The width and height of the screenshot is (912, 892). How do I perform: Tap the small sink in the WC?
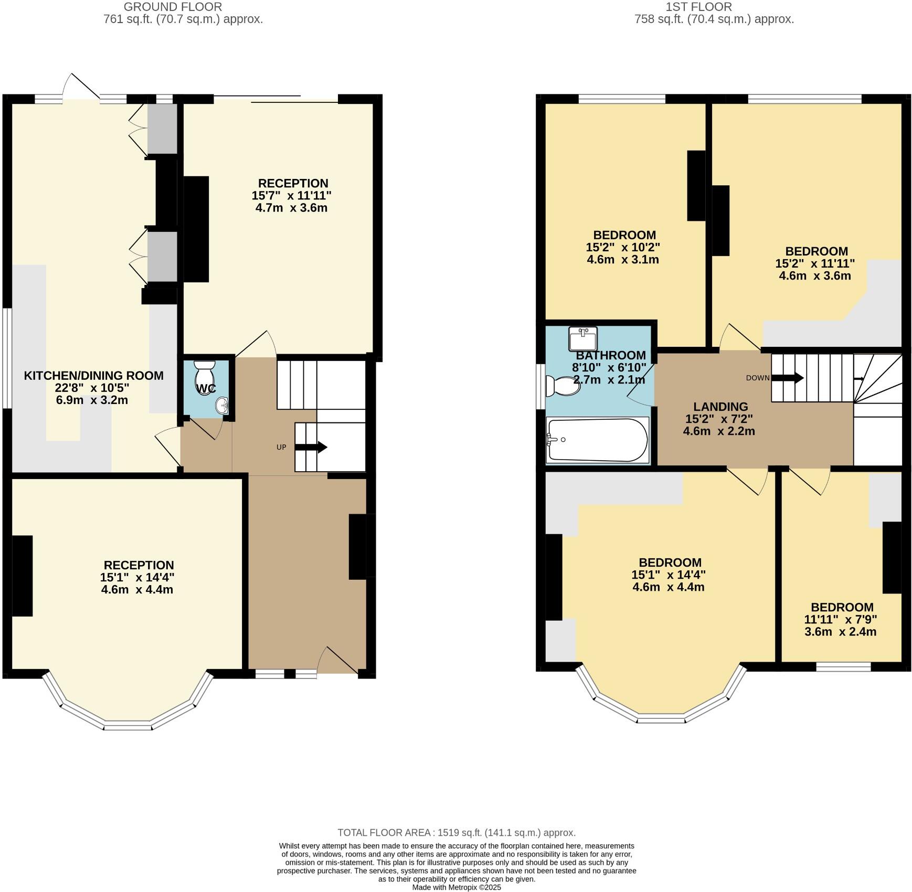222,406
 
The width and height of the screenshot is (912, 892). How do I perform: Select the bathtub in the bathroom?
597,440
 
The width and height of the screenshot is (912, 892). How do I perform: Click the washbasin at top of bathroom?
583,338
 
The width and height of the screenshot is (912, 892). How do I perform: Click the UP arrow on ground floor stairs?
311,448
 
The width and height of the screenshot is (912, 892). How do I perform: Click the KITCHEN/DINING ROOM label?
94,376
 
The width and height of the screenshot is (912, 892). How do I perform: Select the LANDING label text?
720,407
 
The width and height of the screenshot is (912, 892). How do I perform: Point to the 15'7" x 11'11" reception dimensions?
292,196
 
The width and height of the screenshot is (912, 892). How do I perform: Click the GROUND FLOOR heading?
173,7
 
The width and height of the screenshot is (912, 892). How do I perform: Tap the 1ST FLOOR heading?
698,7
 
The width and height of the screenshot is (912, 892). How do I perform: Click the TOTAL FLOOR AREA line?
456,833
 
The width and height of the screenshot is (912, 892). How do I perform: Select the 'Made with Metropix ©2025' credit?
456,887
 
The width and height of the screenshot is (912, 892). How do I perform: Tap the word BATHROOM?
610,355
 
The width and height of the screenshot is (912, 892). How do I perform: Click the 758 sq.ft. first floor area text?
714,20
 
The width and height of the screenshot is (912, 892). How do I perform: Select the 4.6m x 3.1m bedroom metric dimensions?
622,259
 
